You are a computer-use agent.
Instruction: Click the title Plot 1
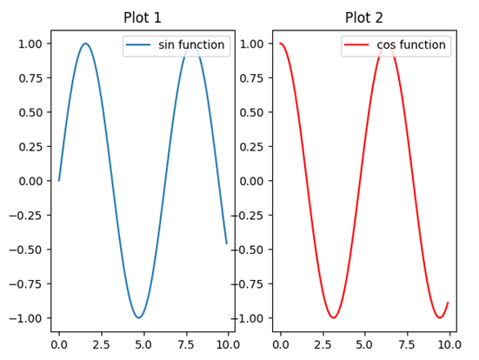click(x=143, y=17)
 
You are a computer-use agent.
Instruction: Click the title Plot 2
click(x=363, y=17)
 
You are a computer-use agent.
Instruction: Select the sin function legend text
click(x=191, y=45)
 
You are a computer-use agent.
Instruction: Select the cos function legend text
click(x=411, y=45)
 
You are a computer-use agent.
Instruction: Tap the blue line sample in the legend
click(x=139, y=45)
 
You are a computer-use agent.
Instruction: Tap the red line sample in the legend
click(x=357, y=45)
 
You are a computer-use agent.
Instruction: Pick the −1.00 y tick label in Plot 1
click(x=27, y=318)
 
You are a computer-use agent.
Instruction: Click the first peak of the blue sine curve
click(x=85, y=43)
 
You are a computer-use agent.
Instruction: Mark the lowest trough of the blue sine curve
click(x=138, y=317)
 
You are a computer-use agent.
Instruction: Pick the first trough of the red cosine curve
click(x=333, y=317)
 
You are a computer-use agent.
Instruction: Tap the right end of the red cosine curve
click(x=448, y=303)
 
